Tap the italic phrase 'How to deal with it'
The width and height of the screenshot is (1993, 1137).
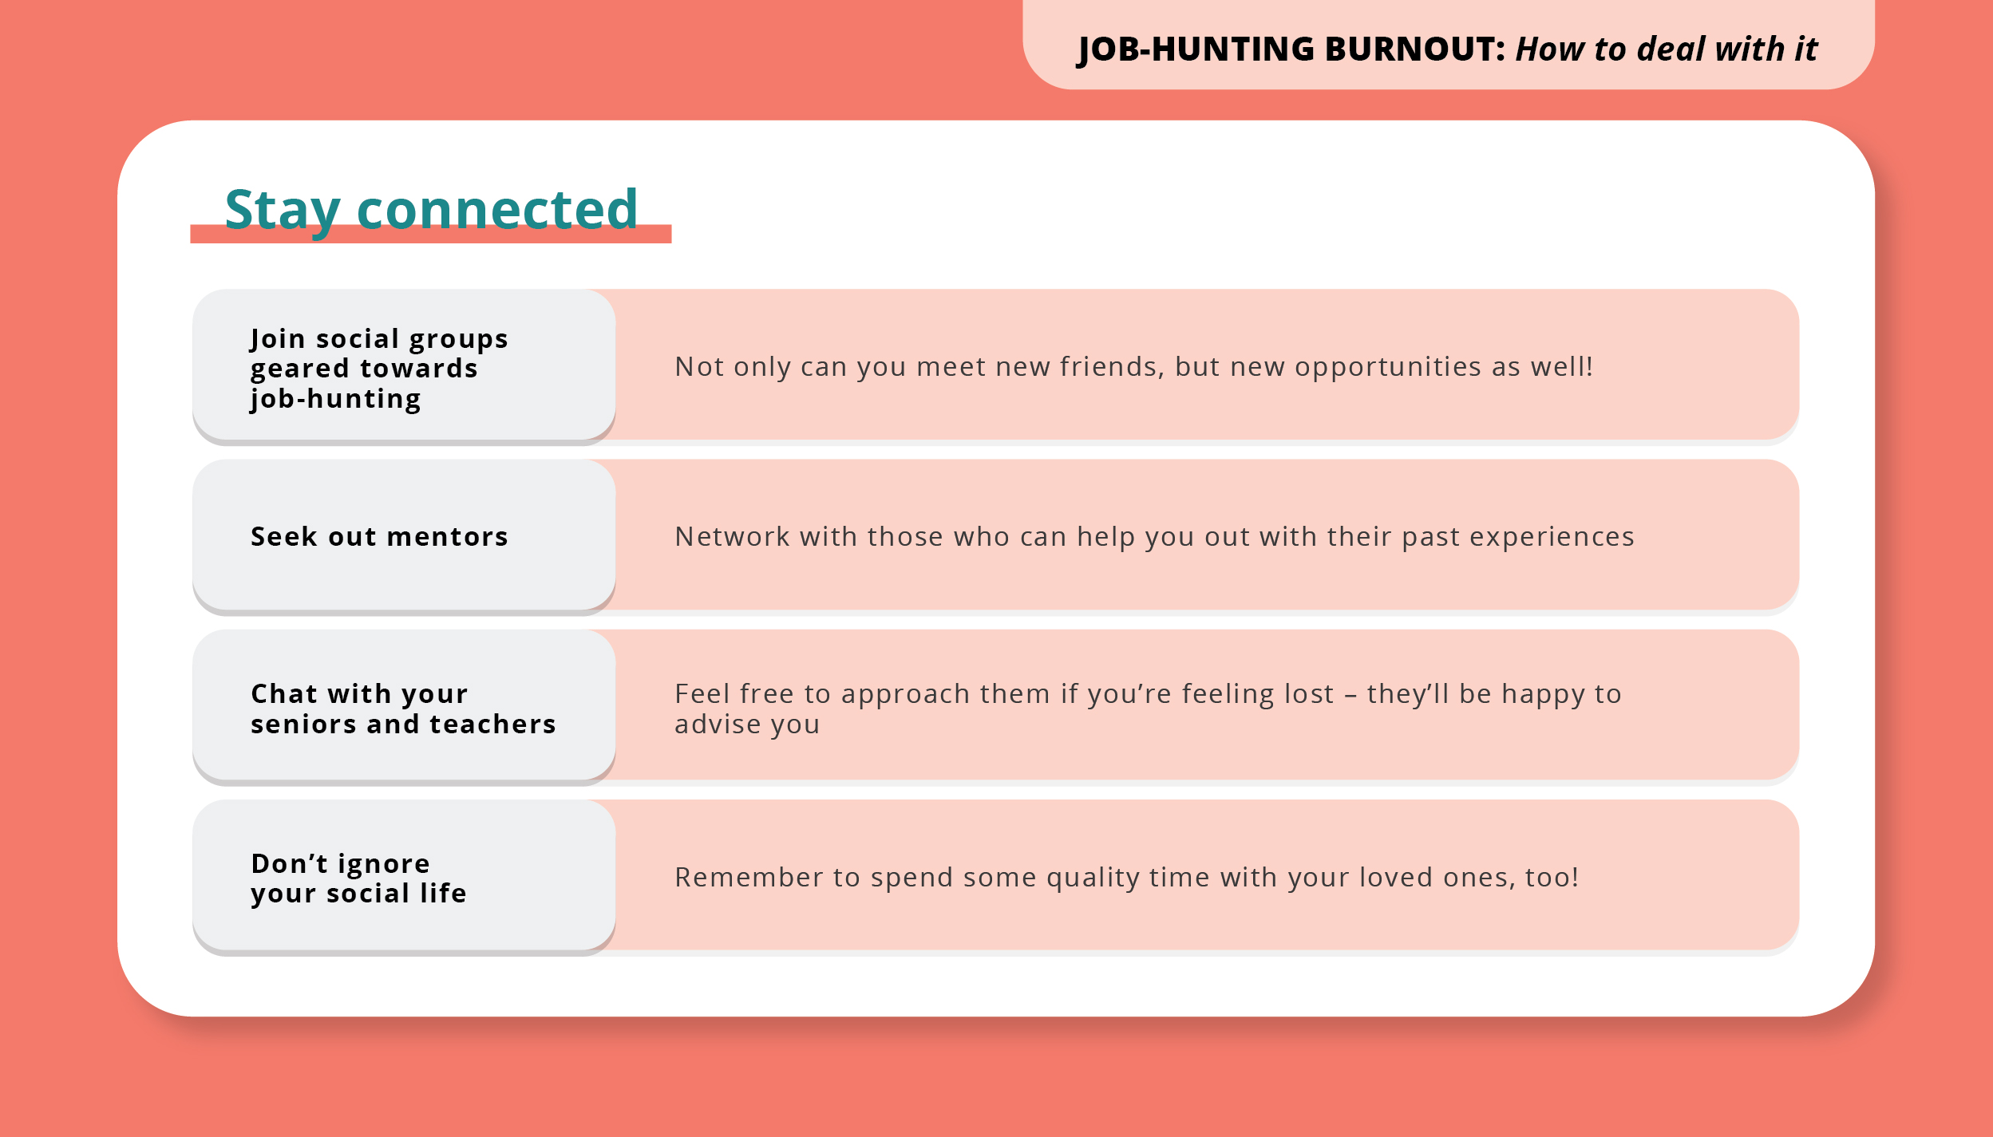(1667, 49)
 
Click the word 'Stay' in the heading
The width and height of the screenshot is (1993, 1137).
(283, 210)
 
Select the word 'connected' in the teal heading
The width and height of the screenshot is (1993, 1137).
(497, 210)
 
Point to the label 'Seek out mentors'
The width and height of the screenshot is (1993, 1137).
(379, 537)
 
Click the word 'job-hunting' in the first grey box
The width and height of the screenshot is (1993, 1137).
(335, 399)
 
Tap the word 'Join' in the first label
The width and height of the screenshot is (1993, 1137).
(278, 339)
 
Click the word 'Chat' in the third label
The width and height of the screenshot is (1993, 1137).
(284, 694)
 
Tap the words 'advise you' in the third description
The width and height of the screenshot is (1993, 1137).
(747, 724)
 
